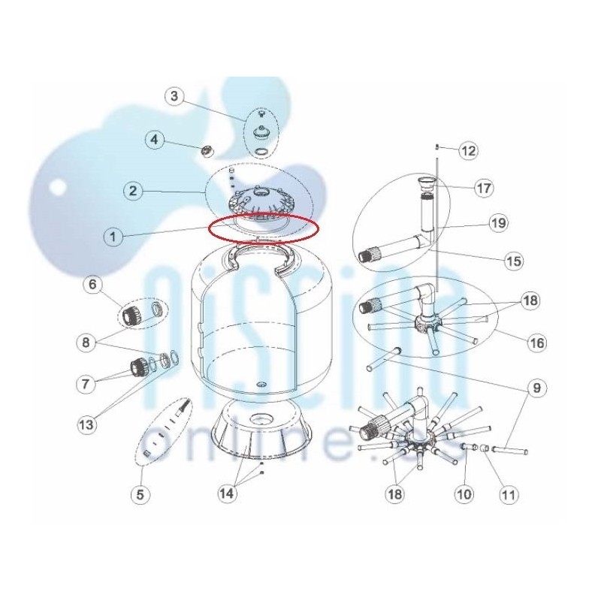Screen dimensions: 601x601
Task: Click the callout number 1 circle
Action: tap(113, 237)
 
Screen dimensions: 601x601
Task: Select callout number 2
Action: tap(133, 191)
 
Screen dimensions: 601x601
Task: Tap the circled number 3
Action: tap(174, 96)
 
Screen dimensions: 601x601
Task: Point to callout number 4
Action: tap(154, 140)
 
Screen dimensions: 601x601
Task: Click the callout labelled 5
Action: tap(140, 494)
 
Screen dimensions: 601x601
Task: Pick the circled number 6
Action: tap(93, 285)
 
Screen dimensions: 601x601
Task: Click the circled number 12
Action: tap(469, 151)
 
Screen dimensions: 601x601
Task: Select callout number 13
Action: tap(86, 424)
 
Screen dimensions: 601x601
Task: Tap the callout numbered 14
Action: tap(227, 494)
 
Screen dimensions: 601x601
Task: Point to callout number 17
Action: tap(484, 189)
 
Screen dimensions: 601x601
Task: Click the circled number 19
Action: tap(499, 223)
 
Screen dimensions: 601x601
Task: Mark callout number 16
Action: tap(537, 343)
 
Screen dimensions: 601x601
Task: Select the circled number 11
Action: tap(509, 494)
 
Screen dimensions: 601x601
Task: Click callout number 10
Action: tap(464, 494)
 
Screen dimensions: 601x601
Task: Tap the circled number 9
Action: tap(536, 388)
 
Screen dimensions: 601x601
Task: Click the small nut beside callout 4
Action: tap(208, 152)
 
